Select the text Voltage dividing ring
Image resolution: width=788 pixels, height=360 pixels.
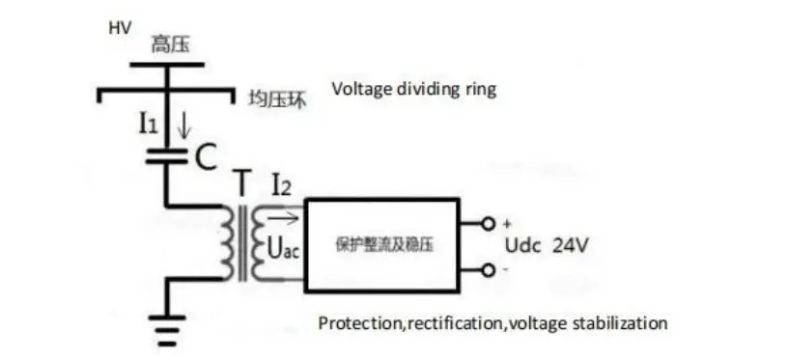413,90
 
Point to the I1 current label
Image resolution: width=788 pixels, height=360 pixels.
147,124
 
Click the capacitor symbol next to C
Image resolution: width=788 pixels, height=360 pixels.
166,155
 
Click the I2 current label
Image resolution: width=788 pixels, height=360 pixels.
281,182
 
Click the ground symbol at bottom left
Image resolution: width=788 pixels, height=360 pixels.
167,329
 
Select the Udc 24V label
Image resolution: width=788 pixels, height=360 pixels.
547,246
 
